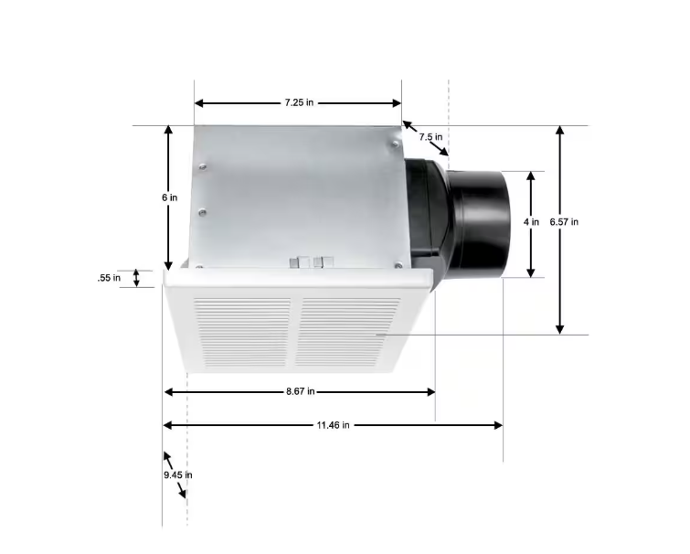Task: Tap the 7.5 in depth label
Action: point(431,137)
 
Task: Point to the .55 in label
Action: point(109,278)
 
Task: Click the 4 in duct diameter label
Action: point(532,222)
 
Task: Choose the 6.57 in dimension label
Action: point(564,222)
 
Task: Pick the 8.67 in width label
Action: point(298,391)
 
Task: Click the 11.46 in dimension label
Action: point(333,425)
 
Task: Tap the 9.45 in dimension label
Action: point(177,474)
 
